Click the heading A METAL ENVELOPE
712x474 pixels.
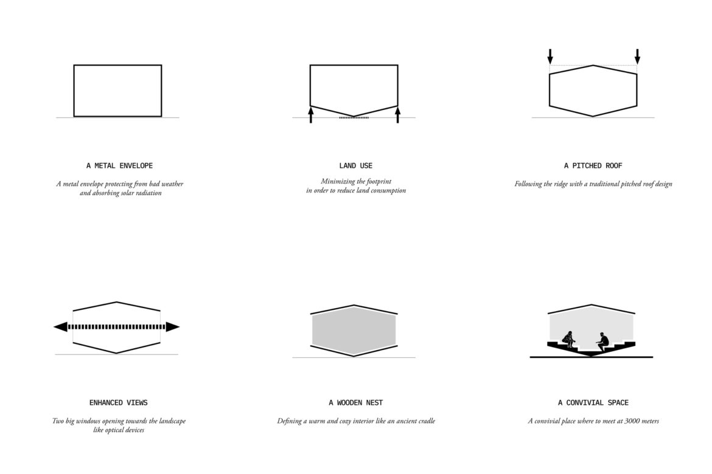click(119, 165)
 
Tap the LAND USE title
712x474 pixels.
click(355, 165)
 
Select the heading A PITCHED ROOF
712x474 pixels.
click(593, 165)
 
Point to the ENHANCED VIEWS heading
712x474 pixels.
click(119, 402)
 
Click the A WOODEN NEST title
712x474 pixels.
click(355, 402)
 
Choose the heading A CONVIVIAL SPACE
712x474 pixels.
click(593, 402)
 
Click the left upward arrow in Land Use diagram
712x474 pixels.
click(310, 115)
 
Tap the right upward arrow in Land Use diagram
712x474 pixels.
click(398, 115)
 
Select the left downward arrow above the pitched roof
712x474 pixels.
click(550, 57)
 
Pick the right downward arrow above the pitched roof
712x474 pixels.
click(637, 57)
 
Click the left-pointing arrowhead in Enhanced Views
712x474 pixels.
click(60, 326)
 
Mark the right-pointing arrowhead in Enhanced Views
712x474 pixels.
click(173, 326)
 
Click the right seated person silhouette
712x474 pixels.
click(602, 342)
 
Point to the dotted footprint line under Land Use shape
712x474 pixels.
click(354, 117)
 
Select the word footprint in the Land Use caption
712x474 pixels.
click(379, 182)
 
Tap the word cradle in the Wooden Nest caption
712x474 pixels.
click(427, 421)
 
